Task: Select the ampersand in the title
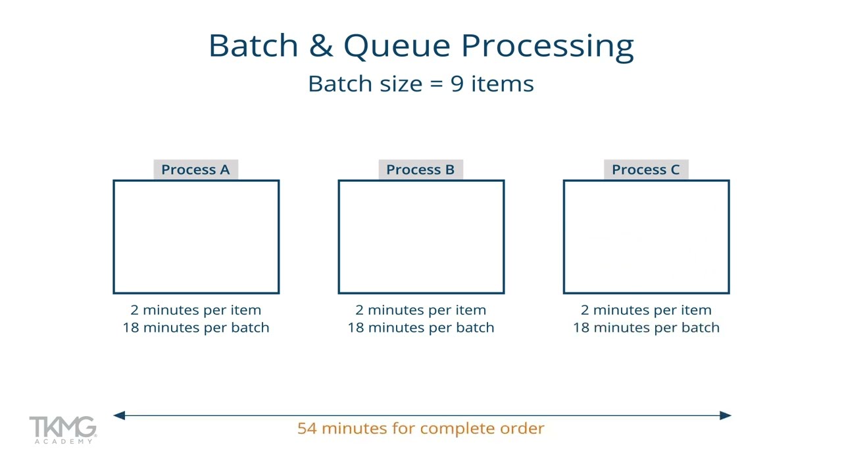[321, 46]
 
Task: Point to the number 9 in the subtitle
[457, 84]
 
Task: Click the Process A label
[195, 170]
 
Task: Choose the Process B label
[420, 170]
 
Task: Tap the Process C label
[645, 170]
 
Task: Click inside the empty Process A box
[196, 237]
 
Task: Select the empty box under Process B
[421, 237]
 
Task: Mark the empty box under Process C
[646, 237]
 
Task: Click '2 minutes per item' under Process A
[195, 310]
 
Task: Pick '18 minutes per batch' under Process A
[195, 328]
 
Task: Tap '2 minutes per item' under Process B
[420, 310]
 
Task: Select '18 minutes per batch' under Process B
[420, 328]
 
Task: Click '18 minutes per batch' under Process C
[646, 328]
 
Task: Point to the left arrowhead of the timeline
[119, 415]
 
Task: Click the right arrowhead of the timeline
[725, 415]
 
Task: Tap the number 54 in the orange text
[307, 429]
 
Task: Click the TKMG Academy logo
[62, 430]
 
